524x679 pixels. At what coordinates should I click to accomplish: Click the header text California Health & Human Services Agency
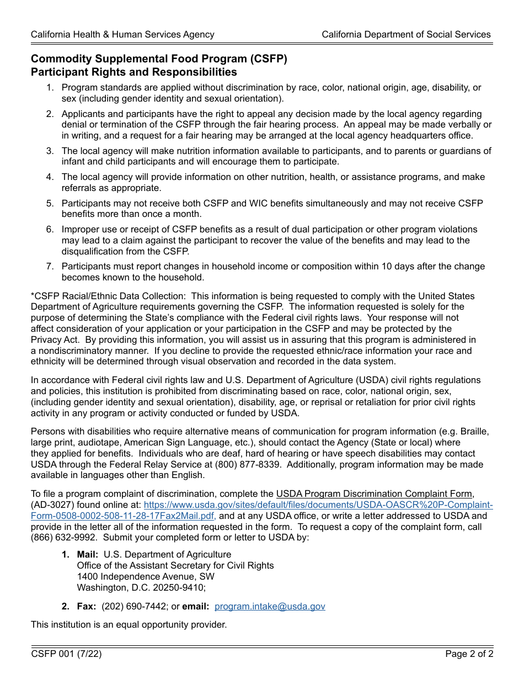pyautogui.click(x=122, y=34)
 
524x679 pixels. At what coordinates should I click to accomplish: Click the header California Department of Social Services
pyautogui.click(x=406, y=34)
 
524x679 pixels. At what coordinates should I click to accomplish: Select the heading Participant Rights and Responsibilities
pyautogui.click(x=133, y=72)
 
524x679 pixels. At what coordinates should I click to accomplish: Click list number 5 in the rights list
pyautogui.click(x=50, y=203)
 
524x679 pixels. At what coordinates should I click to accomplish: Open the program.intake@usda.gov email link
pyautogui.click(x=270, y=606)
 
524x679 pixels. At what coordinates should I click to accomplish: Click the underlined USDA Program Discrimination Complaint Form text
pyautogui.click(x=374, y=494)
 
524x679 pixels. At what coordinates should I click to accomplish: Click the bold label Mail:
pyautogui.click(x=88, y=554)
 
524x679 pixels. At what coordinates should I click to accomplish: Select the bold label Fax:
pyautogui.click(x=86, y=606)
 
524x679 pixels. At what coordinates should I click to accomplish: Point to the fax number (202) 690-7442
pyautogui.click(x=134, y=606)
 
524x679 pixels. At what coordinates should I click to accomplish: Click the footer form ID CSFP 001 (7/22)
pyautogui.click(x=66, y=654)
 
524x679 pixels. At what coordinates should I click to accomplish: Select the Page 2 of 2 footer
pyautogui.click(x=469, y=654)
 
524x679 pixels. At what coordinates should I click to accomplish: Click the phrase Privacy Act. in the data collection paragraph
pyautogui.click(x=55, y=339)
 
